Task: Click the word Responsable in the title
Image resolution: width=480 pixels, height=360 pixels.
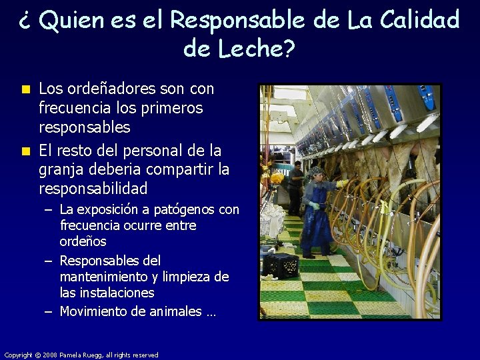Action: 237,20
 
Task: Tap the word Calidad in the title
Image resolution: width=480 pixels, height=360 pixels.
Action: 420,20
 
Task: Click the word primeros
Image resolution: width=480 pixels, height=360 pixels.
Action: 170,108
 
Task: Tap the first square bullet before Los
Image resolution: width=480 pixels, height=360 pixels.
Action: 26,89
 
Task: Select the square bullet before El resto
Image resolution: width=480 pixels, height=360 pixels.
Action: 26,151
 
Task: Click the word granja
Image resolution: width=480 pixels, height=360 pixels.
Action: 63,169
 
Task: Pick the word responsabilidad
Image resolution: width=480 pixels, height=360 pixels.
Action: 93,189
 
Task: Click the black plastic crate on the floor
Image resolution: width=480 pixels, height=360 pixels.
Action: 280,265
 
